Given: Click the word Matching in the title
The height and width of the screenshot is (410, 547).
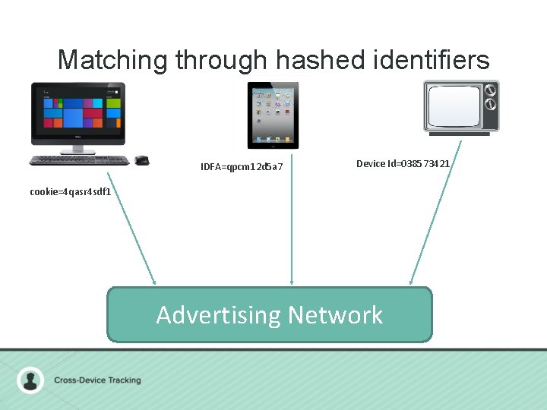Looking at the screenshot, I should pyautogui.click(x=112, y=60).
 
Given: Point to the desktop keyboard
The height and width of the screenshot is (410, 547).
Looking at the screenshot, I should pyautogui.click(x=79, y=160).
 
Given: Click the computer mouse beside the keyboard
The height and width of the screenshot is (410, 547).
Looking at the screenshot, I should pyautogui.click(x=142, y=160).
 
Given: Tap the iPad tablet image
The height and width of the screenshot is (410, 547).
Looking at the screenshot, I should pyautogui.click(x=273, y=115).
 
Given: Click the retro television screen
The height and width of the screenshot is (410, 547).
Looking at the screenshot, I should pyautogui.click(x=454, y=108).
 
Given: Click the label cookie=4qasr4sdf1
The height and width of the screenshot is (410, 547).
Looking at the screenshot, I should pyautogui.click(x=71, y=192).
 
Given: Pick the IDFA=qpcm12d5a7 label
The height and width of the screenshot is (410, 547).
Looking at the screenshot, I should pyautogui.click(x=242, y=166).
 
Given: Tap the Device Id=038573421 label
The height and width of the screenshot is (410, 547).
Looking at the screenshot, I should pyautogui.click(x=403, y=164).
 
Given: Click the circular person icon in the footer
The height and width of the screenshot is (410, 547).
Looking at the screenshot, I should pyautogui.click(x=30, y=380).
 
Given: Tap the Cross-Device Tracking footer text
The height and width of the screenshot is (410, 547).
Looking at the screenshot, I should pyautogui.click(x=97, y=380).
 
